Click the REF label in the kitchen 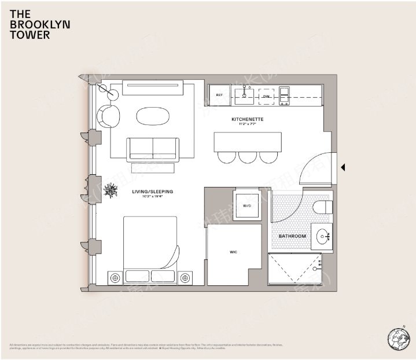point(220,95)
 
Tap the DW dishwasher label point(266,97)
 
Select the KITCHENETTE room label point(248,120)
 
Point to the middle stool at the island point(248,156)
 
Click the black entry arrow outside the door point(343,167)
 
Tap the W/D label point(246,205)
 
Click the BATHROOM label point(292,236)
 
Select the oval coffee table point(153,116)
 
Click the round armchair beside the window point(108,116)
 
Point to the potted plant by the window point(109,191)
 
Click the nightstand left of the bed point(115,278)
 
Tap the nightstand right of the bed point(185,278)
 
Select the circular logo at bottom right point(398,338)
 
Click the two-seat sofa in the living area point(153,149)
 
